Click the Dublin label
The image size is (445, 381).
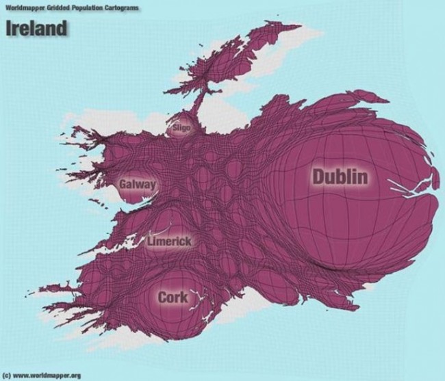point(340,176)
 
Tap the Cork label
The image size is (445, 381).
point(173,298)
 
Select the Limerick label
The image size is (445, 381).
point(169,241)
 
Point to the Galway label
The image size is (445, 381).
point(137,185)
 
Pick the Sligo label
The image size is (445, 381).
point(181,127)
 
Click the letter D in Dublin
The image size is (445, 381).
point(319,176)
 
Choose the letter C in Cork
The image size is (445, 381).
point(163,298)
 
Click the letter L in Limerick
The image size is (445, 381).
point(151,241)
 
